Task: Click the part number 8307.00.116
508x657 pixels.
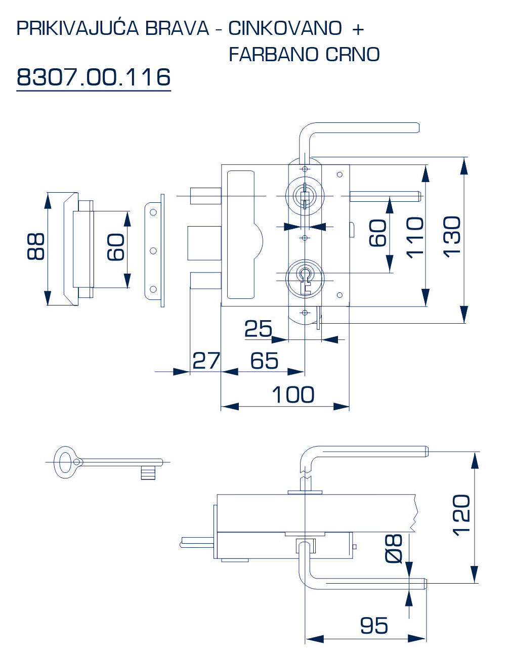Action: pos(94,77)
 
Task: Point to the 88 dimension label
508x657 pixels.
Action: pos(36,247)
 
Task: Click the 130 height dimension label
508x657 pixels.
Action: pos(451,237)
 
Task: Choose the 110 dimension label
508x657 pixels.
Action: pos(415,237)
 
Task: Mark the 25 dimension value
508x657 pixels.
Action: pos(258,329)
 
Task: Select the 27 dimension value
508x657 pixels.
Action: pos(206,361)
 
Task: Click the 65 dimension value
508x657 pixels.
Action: pos(264,361)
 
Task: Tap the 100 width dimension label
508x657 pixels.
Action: pos(293,395)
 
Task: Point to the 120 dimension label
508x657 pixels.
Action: pos(461,515)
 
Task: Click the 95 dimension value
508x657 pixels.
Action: pos(374,626)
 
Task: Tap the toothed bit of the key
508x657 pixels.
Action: pos(148,473)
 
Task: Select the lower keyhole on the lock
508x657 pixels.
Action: pos(305,277)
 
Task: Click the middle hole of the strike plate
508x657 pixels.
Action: pos(153,250)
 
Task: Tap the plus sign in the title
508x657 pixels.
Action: pos(358,29)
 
